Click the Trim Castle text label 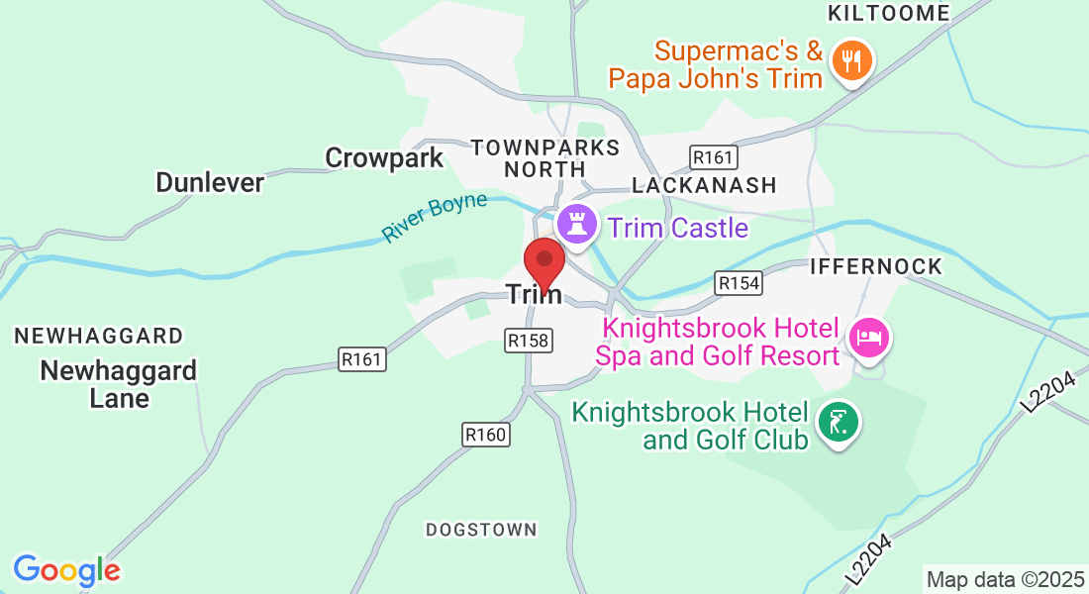pyautogui.click(x=678, y=229)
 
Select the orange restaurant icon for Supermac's pyautogui.click(x=849, y=59)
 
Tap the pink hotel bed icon pyautogui.click(x=868, y=339)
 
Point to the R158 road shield pyautogui.click(x=528, y=341)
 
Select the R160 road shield pyautogui.click(x=485, y=434)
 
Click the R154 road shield pyautogui.click(x=739, y=283)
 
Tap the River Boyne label pyautogui.click(x=436, y=217)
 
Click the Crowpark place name pyautogui.click(x=384, y=157)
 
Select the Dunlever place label pyautogui.click(x=210, y=182)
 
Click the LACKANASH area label pyautogui.click(x=704, y=185)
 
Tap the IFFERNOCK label pyautogui.click(x=875, y=267)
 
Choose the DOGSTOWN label pyautogui.click(x=481, y=530)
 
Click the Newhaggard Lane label pyautogui.click(x=119, y=384)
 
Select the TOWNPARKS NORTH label pyautogui.click(x=545, y=158)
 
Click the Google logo pyautogui.click(x=66, y=570)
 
